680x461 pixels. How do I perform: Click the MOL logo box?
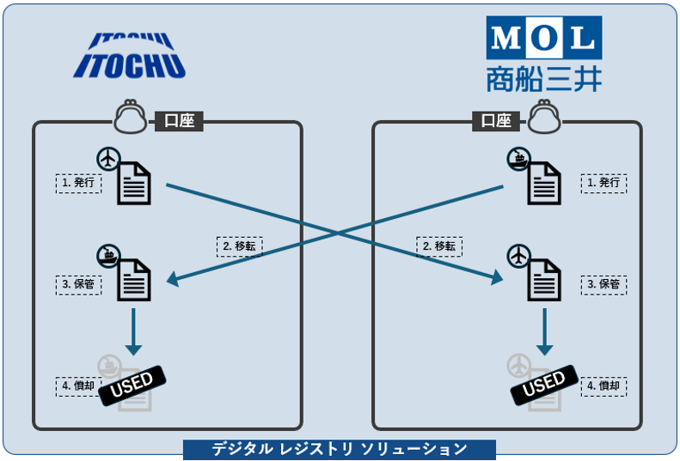coord(543,38)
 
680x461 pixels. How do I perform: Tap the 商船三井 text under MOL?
coord(543,78)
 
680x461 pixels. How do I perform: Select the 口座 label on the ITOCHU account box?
coord(178,121)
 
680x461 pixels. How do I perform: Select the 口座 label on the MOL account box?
coord(496,121)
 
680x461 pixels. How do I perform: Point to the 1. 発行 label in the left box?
coord(79,183)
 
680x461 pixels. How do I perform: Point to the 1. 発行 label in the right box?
coord(603,183)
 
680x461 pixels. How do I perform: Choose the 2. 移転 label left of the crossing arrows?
coord(239,246)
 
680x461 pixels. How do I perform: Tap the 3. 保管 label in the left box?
coord(79,283)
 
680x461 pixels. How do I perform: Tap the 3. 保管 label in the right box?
coord(603,283)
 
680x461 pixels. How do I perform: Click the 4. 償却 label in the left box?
coord(79,386)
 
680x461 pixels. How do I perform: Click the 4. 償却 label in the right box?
coord(603,386)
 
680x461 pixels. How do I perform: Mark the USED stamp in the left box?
coord(132,383)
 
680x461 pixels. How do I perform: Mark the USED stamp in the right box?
coord(543,383)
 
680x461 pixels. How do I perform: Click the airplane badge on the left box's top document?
coord(107,159)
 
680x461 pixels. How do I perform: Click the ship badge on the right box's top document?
coord(518,158)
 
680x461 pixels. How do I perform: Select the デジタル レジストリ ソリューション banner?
coord(340,449)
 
